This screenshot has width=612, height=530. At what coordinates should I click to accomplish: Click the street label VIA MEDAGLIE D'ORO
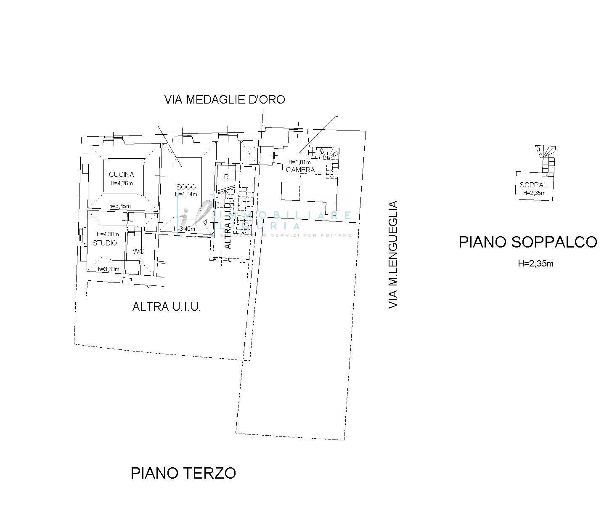click(x=225, y=100)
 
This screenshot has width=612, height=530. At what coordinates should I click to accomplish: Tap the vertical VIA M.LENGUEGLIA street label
click(x=393, y=255)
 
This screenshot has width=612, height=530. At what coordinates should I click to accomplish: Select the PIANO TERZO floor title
click(x=183, y=473)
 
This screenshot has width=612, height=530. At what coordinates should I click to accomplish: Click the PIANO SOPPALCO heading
click(x=527, y=242)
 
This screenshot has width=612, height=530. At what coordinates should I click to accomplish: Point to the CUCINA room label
click(x=121, y=174)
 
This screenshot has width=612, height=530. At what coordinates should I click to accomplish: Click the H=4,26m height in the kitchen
click(x=122, y=183)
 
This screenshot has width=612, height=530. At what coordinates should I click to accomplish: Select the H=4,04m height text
click(x=186, y=194)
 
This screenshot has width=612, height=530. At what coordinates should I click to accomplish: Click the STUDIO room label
click(x=105, y=243)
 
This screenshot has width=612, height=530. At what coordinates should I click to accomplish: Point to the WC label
click(x=138, y=251)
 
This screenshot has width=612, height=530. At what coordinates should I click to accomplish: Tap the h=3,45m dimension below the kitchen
click(x=120, y=206)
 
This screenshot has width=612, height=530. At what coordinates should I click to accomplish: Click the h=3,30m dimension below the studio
click(x=109, y=269)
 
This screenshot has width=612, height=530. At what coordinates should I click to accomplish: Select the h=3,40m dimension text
click(x=184, y=229)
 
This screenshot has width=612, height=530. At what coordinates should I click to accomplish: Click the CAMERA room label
click(x=300, y=170)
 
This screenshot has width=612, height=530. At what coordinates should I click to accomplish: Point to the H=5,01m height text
click(x=299, y=162)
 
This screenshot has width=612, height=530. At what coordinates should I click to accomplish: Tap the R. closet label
click(x=227, y=177)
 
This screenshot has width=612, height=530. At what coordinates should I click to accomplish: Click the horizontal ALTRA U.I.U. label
click(x=167, y=306)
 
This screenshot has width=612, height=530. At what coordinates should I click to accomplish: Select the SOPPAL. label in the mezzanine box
click(x=534, y=185)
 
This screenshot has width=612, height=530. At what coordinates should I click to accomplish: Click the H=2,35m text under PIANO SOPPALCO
click(x=535, y=264)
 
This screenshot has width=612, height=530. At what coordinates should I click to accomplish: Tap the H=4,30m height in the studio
click(x=108, y=234)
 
